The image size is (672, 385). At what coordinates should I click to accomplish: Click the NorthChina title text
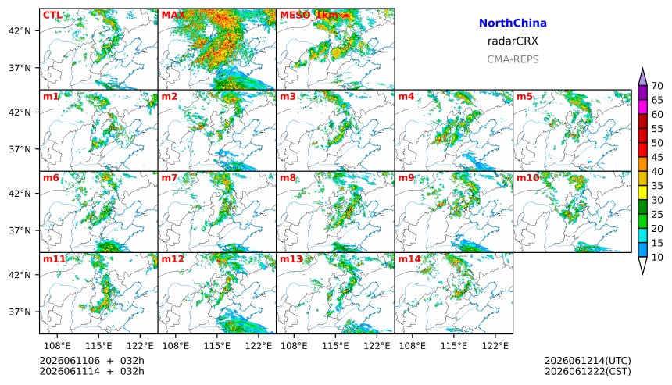click(x=513, y=23)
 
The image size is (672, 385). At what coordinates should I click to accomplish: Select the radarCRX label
click(x=513, y=41)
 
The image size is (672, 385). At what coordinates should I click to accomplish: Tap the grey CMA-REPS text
click(x=513, y=59)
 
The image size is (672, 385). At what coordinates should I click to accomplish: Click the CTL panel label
click(x=52, y=16)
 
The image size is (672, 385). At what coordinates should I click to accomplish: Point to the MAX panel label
click(x=173, y=16)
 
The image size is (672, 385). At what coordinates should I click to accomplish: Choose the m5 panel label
click(x=524, y=96)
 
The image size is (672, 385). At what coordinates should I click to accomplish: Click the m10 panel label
click(x=527, y=178)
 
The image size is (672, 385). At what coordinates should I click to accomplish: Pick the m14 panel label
click(x=409, y=259)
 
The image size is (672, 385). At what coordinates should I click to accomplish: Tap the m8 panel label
click(x=288, y=178)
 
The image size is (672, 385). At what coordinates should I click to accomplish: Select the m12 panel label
click(x=172, y=259)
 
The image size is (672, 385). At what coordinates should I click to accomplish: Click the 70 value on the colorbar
click(x=657, y=86)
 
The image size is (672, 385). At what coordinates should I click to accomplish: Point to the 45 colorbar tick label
click(x=657, y=158)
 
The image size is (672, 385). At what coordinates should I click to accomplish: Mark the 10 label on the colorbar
click(x=657, y=258)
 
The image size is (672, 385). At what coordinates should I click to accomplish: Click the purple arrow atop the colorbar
click(x=642, y=78)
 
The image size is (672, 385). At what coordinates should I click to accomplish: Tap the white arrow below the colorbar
click(x=642, y=265)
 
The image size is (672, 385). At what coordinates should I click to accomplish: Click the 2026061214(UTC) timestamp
click(x=588, y=361)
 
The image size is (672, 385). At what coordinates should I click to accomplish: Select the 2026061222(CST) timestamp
click(x=588, y=371)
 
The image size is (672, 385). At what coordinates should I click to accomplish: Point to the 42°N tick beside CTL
click(x=20, y=30)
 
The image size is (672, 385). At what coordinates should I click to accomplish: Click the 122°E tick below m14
click(x=495, y=345)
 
